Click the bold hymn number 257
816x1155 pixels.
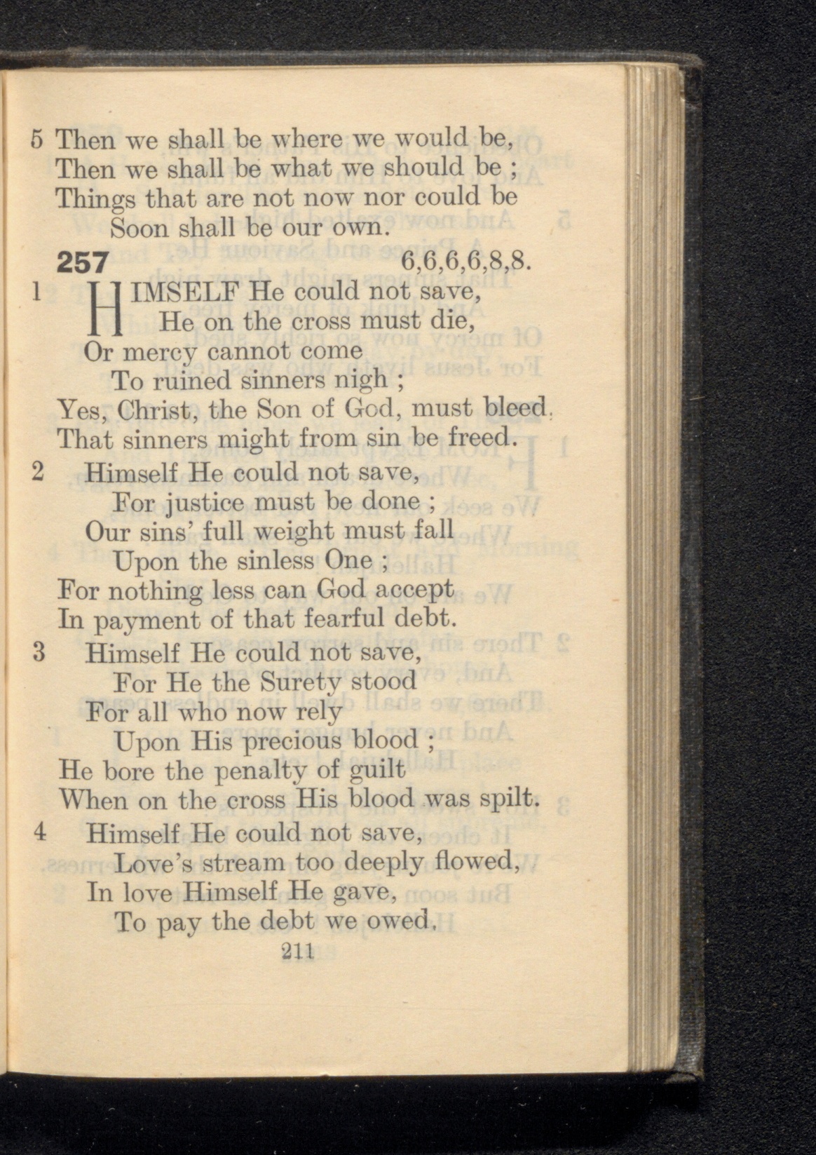(82, 262)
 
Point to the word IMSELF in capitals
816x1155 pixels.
(183, 291)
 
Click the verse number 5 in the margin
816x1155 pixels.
(39, 139)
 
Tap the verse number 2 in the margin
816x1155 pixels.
(39, 472)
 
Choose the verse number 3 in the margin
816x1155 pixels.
(39, 653)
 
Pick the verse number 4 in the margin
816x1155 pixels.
(39, 833)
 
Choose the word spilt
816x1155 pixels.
(508, 801)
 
